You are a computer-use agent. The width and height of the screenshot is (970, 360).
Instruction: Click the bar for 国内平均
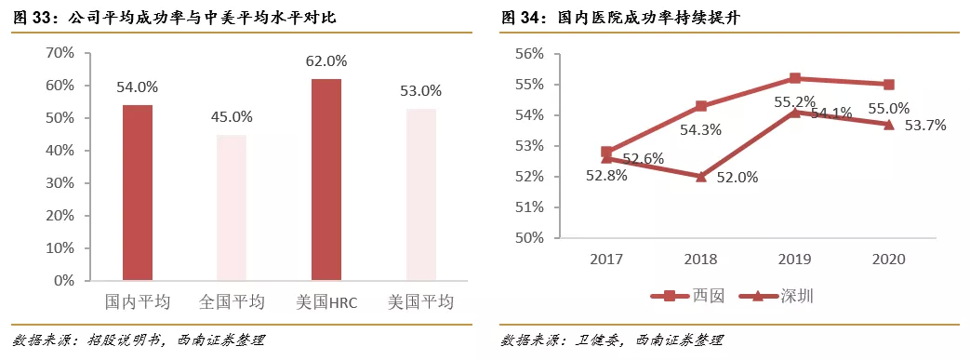pyautogui.click(x=138, y=193)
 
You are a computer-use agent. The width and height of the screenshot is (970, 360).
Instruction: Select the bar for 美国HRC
pyautogui.click(x=326, y=180)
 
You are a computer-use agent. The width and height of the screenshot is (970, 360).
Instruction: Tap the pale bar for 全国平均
pyautogui.click(x=232, y=207)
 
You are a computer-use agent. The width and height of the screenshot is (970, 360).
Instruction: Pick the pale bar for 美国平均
pyautogui.click(x=420, y=194)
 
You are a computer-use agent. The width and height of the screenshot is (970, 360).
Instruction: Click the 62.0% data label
pyautogui.click(x=326, y=61)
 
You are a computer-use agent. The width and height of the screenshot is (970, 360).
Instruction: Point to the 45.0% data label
pyautogui.click(x=232, y=117)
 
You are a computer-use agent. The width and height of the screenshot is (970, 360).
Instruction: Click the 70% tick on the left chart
pyautogui.click(x=60, y=53)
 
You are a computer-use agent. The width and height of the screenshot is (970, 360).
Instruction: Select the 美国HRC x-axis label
pyautogui.click(x=326, y=302)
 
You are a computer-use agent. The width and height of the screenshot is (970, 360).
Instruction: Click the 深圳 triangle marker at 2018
pyautogui.click(x=700, y=176)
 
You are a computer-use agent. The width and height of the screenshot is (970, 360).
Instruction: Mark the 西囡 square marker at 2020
pyautogui.click(x=889, y=85)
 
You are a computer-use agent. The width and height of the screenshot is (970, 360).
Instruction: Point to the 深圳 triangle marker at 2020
pyautogui.click(x=889, y=124)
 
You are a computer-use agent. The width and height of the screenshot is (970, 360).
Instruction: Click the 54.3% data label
pyautogui.click(x=701, y=129)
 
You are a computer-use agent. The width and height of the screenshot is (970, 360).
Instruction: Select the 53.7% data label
pyautogui.click(x=924, y=126)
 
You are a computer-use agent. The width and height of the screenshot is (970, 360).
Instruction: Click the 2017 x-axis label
pyautogui.click(x=606, y=260)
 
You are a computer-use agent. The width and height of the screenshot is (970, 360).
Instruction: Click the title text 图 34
pyautogui.click(x=523, y=18)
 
